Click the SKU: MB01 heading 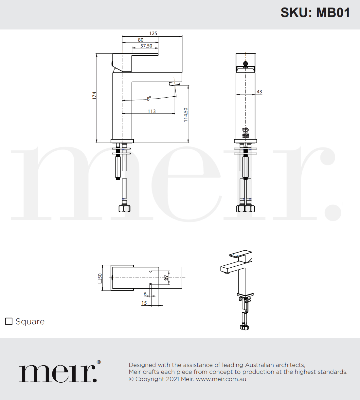(x=315, y=13)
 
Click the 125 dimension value (x=153, y=33)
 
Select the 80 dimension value (x=141, y=40)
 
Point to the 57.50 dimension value (x=146, y=46)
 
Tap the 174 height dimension (x=94, y=96)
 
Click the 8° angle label (x=149, y=98)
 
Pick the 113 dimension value (x=152, y=111)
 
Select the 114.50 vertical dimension (x=186, y=115)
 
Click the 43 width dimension (x=259, y=92)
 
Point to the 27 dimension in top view (x=167, y=277)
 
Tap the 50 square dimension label (x=100, y=278)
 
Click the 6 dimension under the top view (x=145, y=294)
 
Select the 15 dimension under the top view (x=144, y=303)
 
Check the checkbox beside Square (x=9, y=321)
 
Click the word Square (x=30, y=322)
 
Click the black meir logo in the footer (x=58, y=373)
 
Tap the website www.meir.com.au (x=221, y=379)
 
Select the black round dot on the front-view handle (x=245, y=64)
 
